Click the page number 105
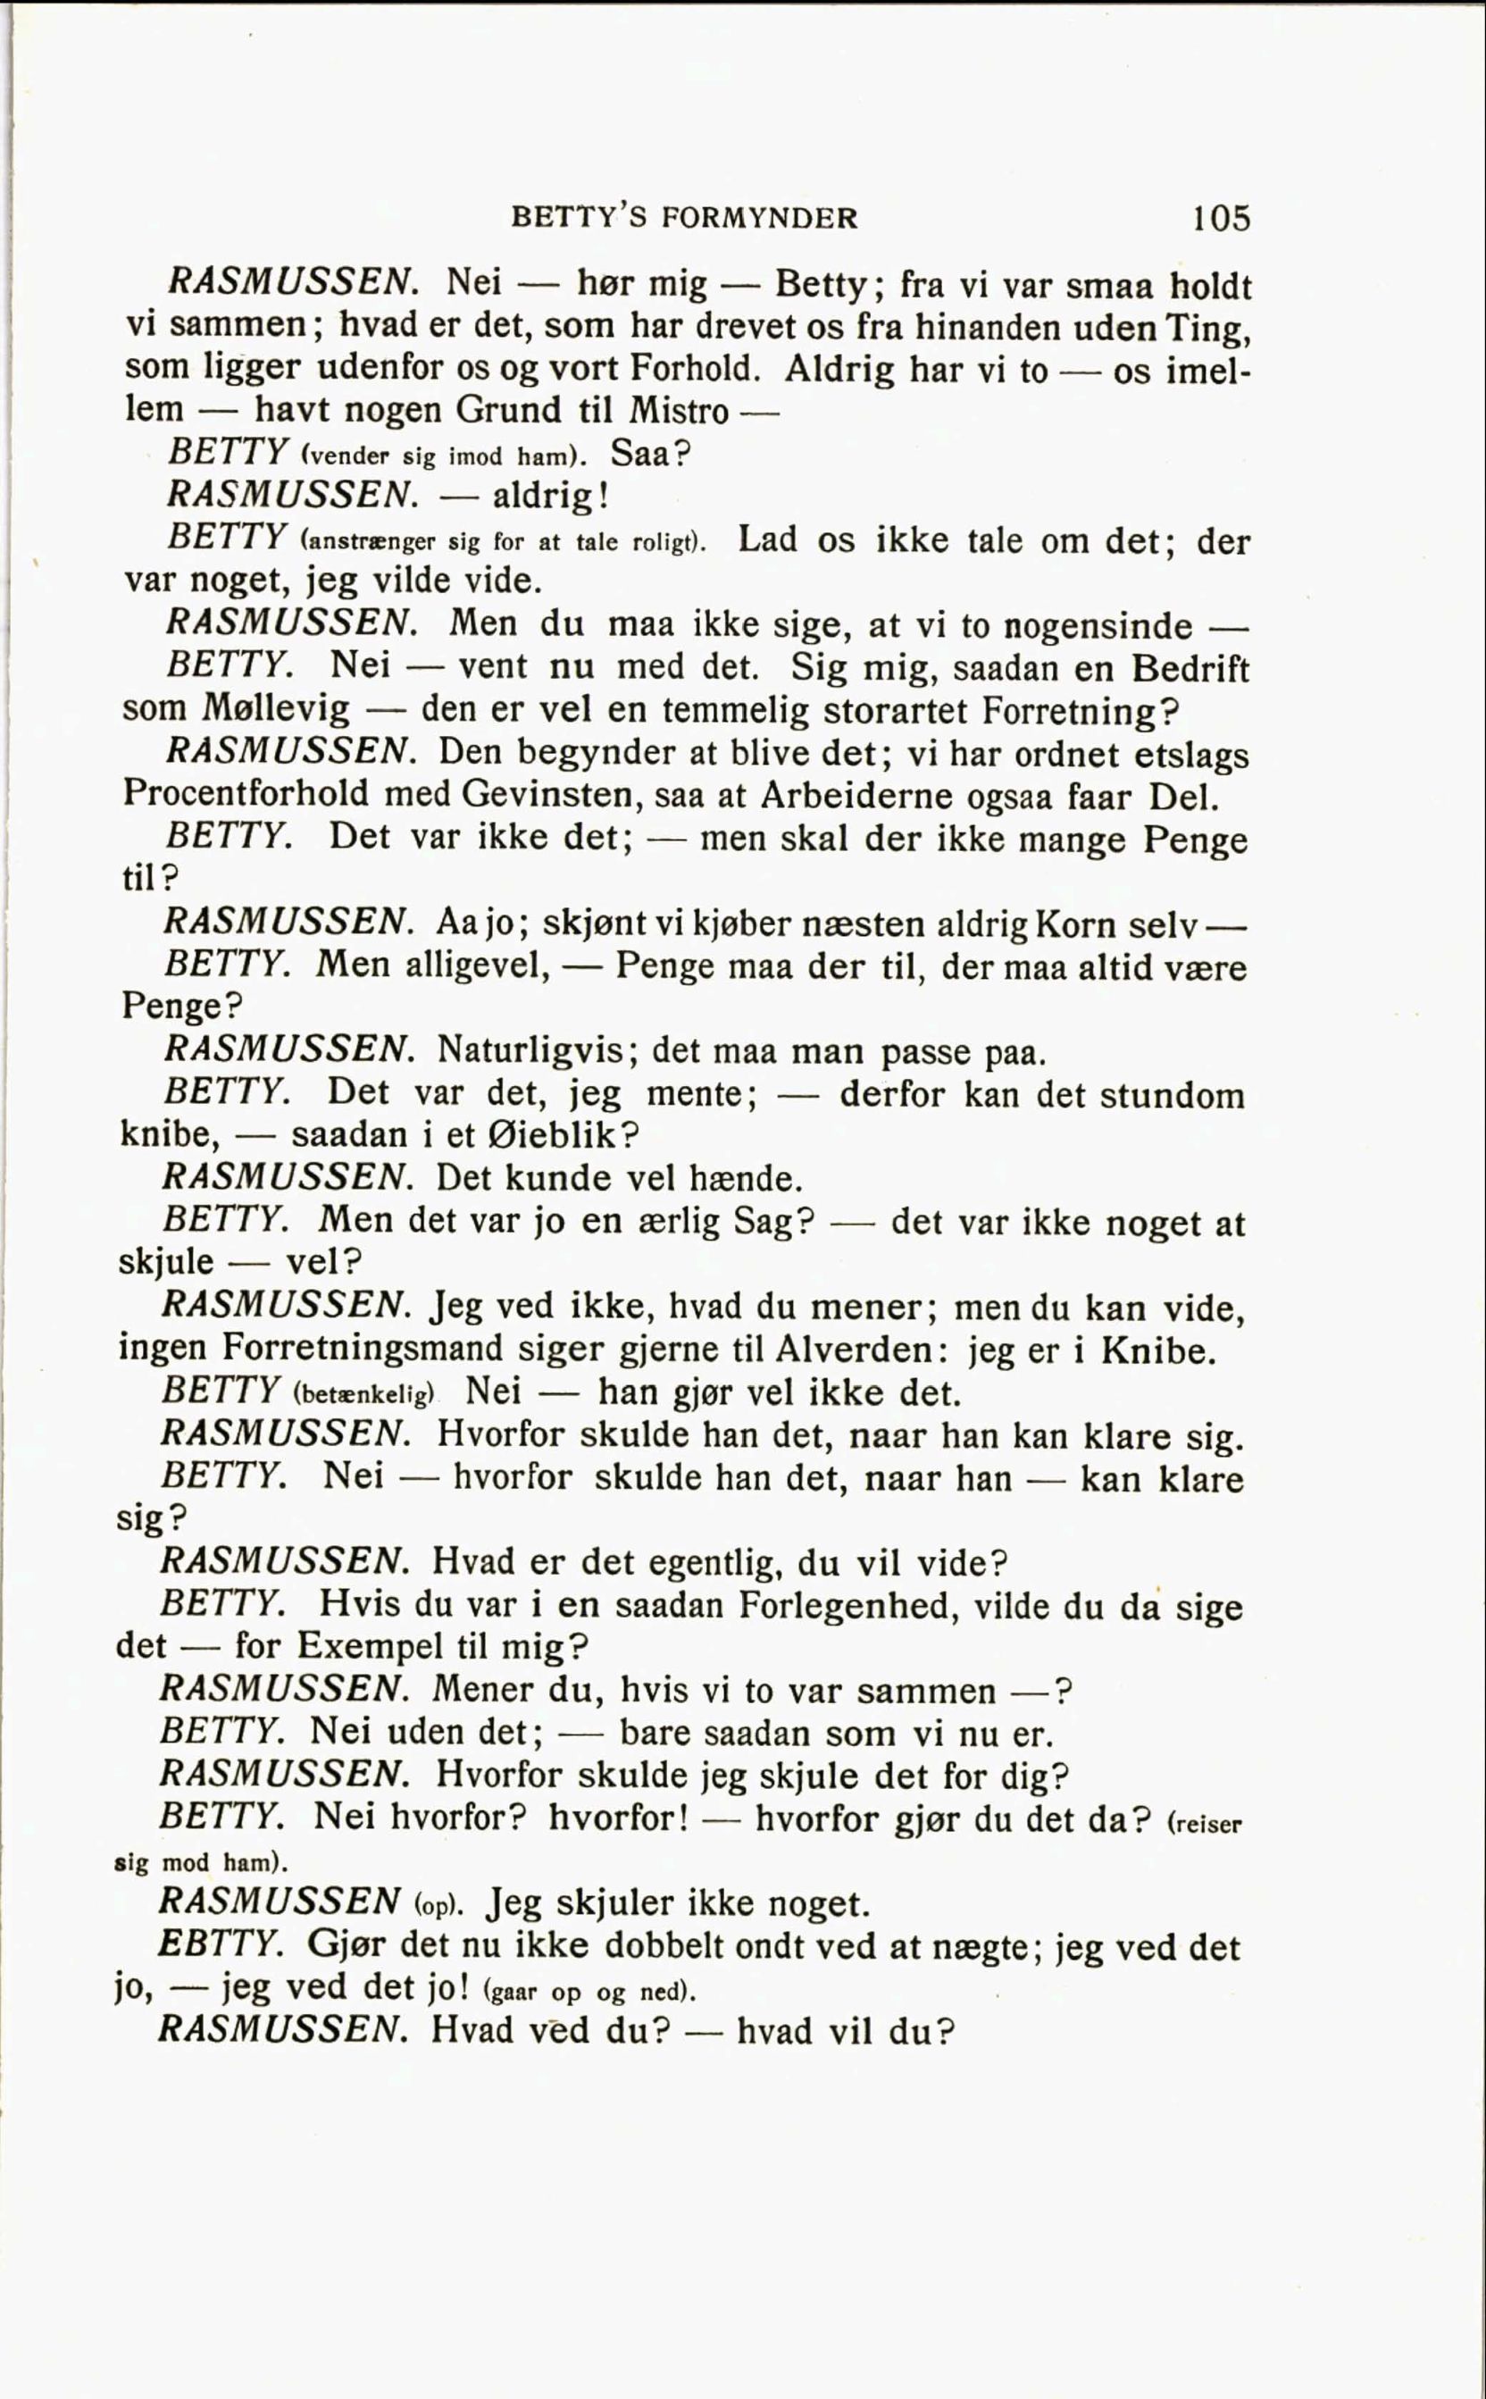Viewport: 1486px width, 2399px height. (x=1222, y=217)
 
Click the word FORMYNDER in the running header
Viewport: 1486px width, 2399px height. (x=760, y=217)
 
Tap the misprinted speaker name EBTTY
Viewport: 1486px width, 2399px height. (x=221, y=1944)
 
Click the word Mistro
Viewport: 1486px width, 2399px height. (x=678, y=410)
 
